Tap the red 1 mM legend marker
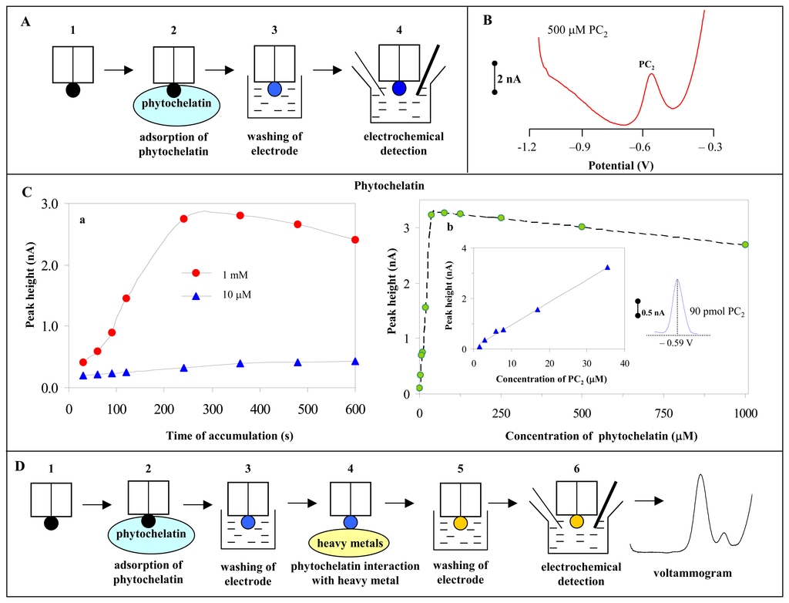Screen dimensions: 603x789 click(196, 273)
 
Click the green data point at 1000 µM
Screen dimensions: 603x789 click(746, 244)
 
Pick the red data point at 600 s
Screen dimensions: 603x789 click(355, 240)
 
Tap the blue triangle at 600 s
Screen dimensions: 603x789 click(355, 361)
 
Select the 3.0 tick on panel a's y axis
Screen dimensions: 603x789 click(50, 203)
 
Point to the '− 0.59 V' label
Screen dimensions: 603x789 click(677, 347)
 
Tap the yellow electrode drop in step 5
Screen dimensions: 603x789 click(460, 524)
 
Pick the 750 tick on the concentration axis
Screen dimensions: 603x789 click(583, 409)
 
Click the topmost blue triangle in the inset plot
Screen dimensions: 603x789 click(607, 268)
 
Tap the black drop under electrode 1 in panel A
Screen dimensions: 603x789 click(72, 89)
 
